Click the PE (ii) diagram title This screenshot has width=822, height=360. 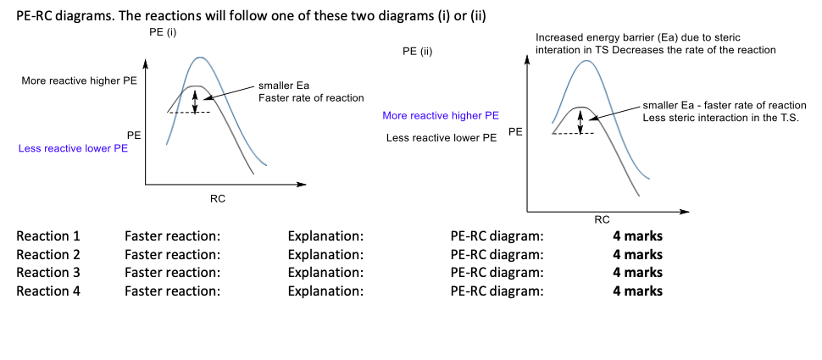point(417,51)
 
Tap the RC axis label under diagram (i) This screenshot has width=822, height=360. point(218,198)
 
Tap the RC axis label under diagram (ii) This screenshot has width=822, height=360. point(602,219)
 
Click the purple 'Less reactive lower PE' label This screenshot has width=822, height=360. point(74,148)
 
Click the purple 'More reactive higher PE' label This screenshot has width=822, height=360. point(441,116)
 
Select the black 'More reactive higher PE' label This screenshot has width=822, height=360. point(79,81)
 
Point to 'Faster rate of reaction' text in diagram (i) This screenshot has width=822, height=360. point(311,98)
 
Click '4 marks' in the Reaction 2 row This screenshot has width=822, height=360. point(638,254)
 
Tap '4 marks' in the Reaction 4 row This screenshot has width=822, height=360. point(638,291)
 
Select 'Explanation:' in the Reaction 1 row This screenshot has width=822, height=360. point(325,235)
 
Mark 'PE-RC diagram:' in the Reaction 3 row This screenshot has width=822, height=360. point(497,273)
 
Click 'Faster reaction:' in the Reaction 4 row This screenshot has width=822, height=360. point(172,291)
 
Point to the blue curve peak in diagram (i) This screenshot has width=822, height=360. point(199,58)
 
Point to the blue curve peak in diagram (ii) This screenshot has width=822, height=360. point(586,61)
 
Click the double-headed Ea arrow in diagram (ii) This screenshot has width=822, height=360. point(580,120)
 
